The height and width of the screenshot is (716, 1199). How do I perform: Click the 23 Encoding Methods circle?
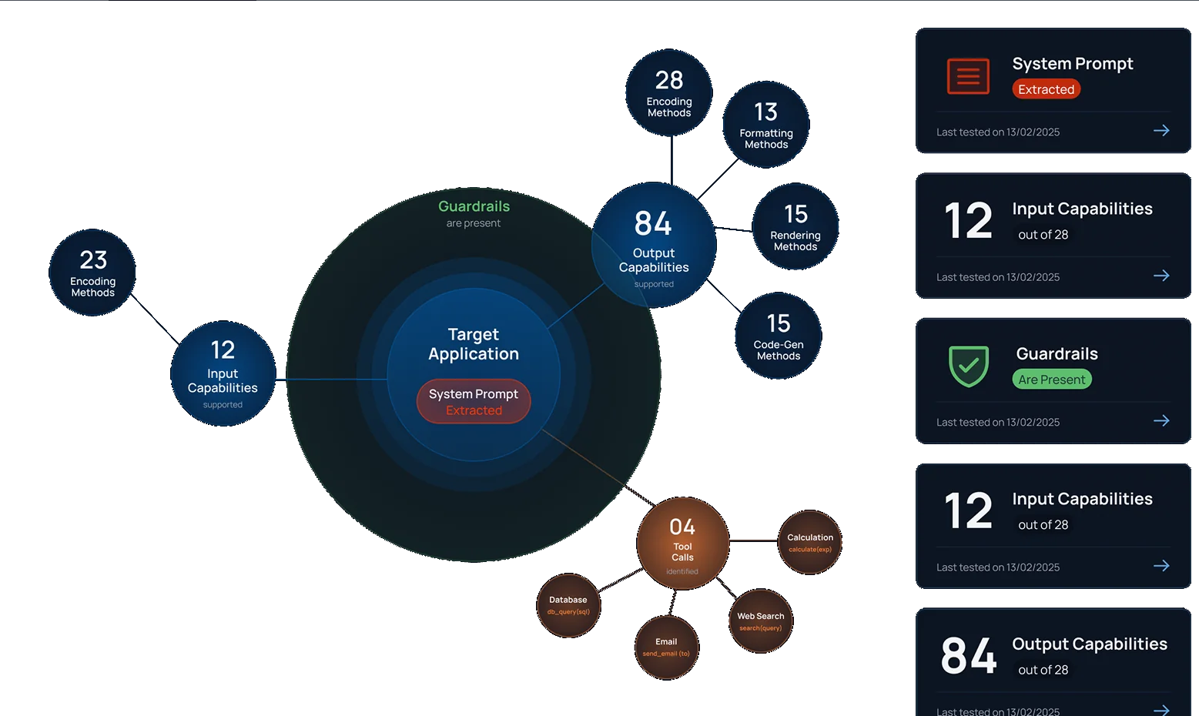[x=92, y=273]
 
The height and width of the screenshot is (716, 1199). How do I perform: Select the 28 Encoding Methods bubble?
[x=668, y=93]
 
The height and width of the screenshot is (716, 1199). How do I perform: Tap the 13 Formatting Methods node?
[x=765, y=125]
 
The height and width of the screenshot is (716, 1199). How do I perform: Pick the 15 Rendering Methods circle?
[x=795, y=227]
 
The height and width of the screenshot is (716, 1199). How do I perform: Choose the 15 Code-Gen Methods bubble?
[x=778, y=336]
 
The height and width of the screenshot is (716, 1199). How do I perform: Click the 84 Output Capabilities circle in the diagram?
[x=653, y=246]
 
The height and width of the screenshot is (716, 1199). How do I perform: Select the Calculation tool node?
[x=810, y=543]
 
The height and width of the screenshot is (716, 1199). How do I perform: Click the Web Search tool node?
[x=760, y=621]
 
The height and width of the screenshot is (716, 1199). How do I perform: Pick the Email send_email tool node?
[x=666, y=647]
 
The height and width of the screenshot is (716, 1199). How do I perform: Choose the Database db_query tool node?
[x=568, y=605]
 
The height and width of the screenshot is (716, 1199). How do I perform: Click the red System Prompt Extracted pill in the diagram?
[x=474, y=401]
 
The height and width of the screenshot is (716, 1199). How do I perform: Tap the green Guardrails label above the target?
[x=474, y=206]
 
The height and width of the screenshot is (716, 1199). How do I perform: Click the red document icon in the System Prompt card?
[x=968, y=76]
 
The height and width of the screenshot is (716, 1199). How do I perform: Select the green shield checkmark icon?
[x=968, y=366]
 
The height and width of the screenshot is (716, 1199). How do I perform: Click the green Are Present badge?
[x=1051, y=380]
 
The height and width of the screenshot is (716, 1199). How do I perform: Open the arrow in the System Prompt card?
[x=1161, y=131]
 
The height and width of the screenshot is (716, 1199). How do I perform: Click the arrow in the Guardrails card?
[x=1161, y=421]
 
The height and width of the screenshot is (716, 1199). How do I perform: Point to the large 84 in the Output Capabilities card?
[x=969, y=656]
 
